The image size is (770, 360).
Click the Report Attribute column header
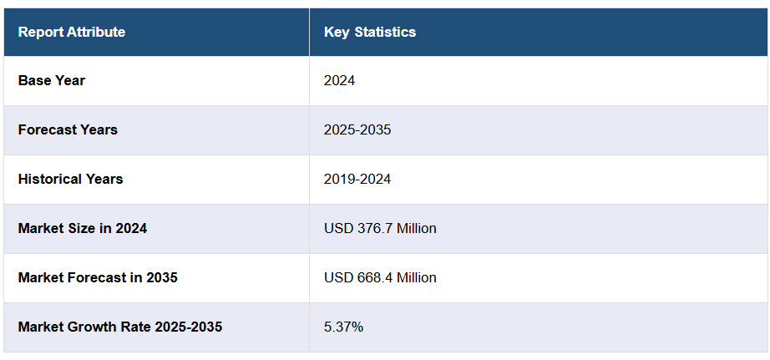coord(72,32)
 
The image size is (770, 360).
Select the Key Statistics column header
coord(370,32)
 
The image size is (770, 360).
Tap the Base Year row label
coord(52,81)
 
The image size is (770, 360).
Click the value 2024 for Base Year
coord(340,81)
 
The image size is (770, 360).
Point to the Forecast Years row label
coord(68,129)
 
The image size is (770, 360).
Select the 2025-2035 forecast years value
coord(357,129)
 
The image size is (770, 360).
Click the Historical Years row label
coord(70,179)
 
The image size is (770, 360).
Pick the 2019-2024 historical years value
coord(357,179)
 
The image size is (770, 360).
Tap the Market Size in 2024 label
coord(83,228)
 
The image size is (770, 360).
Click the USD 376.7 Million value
coord(380,228)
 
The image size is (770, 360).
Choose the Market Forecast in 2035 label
coord(98,277)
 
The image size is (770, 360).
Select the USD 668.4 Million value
coord(380,277)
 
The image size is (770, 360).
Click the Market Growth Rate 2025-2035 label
coord(120,327)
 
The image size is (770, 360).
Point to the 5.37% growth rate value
coord(343,327)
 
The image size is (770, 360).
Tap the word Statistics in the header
coord(386,32)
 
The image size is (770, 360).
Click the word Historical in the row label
coord(49,179)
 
